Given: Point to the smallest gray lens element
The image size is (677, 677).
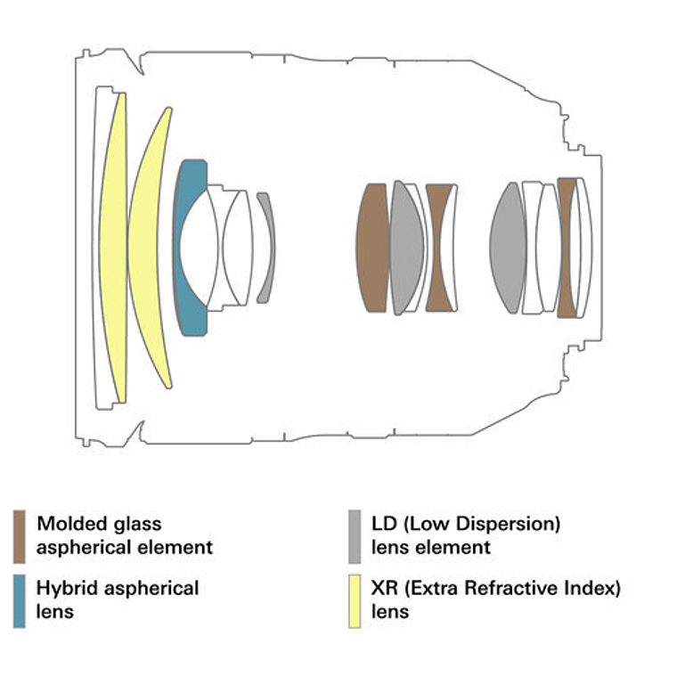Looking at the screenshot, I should point(266,248).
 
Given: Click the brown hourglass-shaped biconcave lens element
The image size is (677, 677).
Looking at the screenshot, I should point(440,248).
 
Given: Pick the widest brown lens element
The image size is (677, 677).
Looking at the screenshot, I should point(371,248).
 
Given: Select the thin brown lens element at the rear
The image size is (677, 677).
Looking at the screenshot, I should point(566,248).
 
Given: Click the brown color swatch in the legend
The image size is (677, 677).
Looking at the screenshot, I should point(20,536).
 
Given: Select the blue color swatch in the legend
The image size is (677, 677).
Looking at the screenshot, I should point(20,601).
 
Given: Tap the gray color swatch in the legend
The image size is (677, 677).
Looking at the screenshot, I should point(355,536).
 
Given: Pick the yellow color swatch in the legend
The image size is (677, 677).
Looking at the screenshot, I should point(355,601).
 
